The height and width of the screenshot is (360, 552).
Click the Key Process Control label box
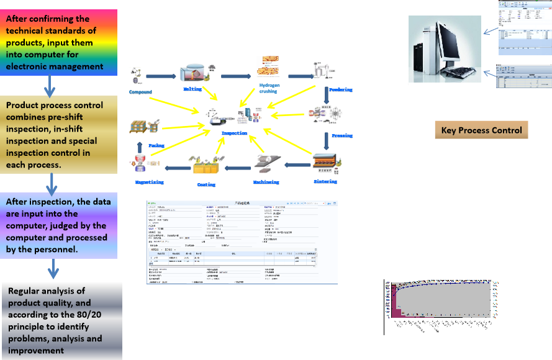(x=481, y=130)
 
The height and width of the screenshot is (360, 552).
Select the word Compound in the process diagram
(x=140, y=92)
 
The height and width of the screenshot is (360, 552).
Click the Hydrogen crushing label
(x=269, y=88)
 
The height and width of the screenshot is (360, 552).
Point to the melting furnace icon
(x=192, y=74)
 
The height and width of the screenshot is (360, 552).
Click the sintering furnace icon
(x=326, y=164)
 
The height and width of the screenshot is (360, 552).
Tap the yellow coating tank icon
(x=206, y=164)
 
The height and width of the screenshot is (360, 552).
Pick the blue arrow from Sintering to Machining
(x=296, y=165)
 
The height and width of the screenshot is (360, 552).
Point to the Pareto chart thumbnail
(x=441, y=305)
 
